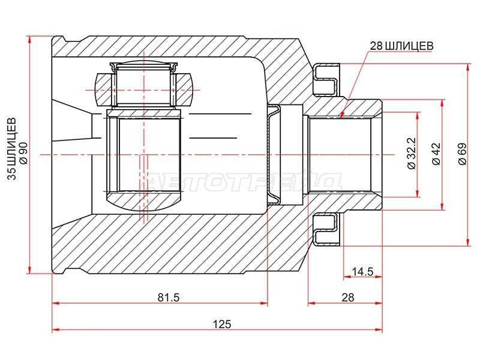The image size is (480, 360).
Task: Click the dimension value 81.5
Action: click(x=169, y=297)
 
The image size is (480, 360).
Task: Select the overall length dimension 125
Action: click(x=222, y=324)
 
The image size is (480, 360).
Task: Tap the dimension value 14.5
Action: click(x=362, y=271)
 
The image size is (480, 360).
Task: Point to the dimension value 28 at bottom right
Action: click(x=348, y=297)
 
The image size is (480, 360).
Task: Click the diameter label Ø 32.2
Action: click(x=412, y=153)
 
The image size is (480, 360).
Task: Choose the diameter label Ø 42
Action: click(x=436, y=154)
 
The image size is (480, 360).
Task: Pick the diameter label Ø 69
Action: click(x=462, y=154)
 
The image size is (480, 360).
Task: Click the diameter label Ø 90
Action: click(x=23, y=153)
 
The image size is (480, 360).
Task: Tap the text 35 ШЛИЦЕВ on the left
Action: click(x=11, y=148)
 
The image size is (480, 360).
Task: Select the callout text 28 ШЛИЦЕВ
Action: click(x=401, y=46)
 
